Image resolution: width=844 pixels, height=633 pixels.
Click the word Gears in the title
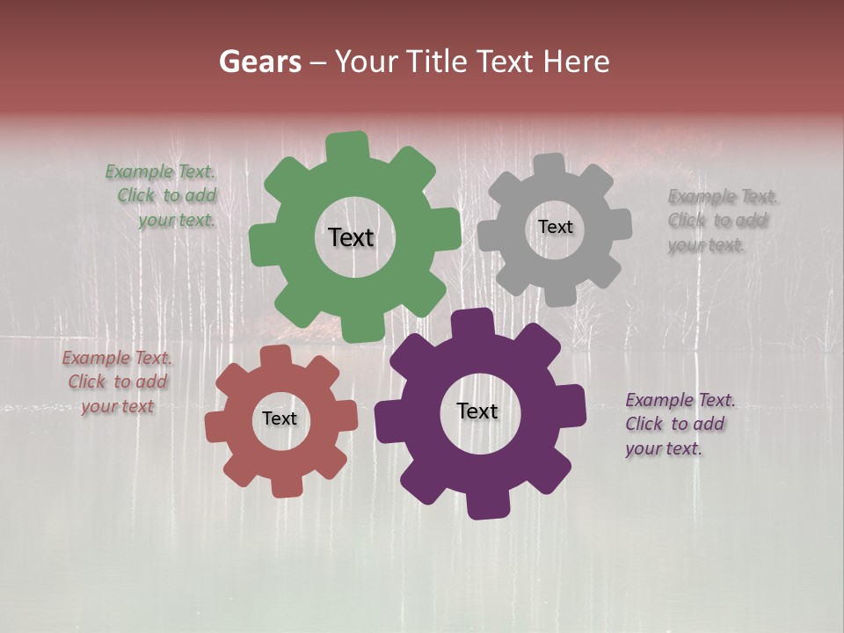point(259,62)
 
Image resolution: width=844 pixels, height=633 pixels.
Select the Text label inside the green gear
point(351,237)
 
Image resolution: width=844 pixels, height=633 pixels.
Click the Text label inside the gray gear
point(555,227)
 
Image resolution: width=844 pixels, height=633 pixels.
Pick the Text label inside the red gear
point(280,418)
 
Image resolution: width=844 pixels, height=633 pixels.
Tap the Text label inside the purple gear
point(477,411)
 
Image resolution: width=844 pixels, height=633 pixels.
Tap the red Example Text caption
point(117,382)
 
